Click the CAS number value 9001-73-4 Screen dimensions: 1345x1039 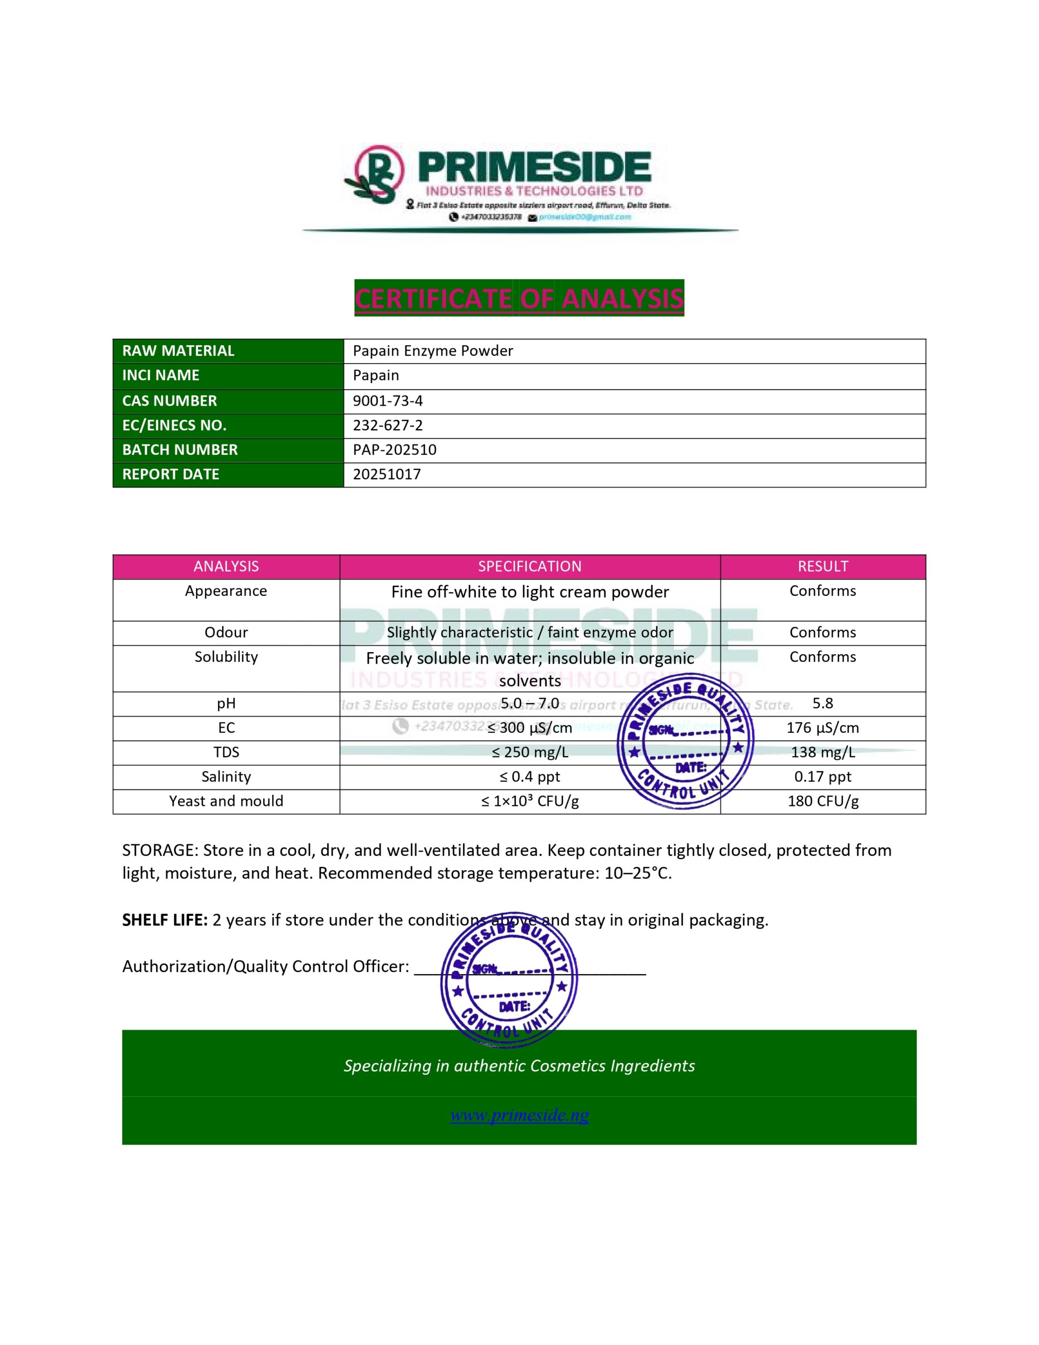point(387,401)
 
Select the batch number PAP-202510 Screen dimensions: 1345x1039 point(394,450)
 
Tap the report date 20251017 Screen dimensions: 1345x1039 point(387,474)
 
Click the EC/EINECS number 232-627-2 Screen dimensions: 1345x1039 point(387,426)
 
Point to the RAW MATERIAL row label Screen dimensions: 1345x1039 point(178,351)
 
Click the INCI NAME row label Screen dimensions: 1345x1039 point(161,376)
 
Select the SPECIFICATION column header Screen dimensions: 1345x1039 point(529,566)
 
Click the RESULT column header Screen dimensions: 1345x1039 point(823,566)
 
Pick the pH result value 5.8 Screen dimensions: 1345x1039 point(823,703)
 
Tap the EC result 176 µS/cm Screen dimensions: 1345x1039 point(823,728)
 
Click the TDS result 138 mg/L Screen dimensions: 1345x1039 point(823,752)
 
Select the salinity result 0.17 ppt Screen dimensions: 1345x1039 point(823,777)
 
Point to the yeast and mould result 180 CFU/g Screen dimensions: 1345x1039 point(823,801)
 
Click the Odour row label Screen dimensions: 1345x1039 point(226,633)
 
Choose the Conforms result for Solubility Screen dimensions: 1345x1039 point(823,657)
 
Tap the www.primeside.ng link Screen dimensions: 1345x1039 point(519,1115)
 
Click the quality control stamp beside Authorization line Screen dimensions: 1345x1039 point(508,980)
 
